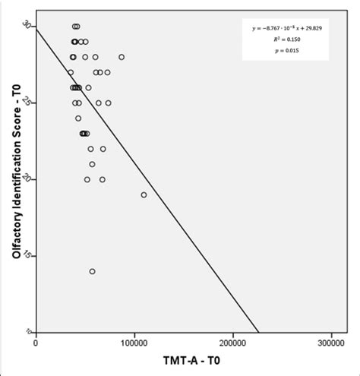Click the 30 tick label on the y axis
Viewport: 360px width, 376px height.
(28, 25)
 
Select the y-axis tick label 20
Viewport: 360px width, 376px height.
(28, 179)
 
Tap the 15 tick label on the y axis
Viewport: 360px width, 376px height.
(28, 255)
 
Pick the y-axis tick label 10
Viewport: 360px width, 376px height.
(28, 331)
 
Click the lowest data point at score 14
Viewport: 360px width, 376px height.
(93, 271)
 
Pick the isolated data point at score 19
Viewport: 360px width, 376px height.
(144, 194)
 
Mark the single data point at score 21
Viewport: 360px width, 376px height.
(93, 164)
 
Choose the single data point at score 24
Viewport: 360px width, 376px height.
(78, 118)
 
